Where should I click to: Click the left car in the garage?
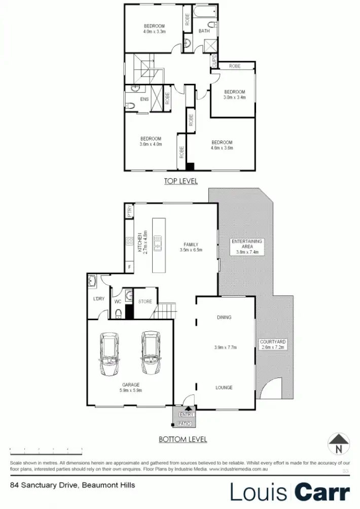[x=110, y=354]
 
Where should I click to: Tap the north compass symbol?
[x=339, y=445]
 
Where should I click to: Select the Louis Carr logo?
[x=290, y=492]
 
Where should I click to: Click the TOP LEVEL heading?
[x=181, y=181]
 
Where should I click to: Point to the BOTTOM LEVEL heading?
[x=183, y=439]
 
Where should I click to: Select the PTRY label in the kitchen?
[x=130, y=211]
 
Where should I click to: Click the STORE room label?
[x=145, y=301]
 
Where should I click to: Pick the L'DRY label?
[x=98, y=299]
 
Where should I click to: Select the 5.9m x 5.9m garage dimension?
[x=130, y=391]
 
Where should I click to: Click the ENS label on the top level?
[x=145, y=99]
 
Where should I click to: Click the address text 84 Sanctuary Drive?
[x=73, y=485]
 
